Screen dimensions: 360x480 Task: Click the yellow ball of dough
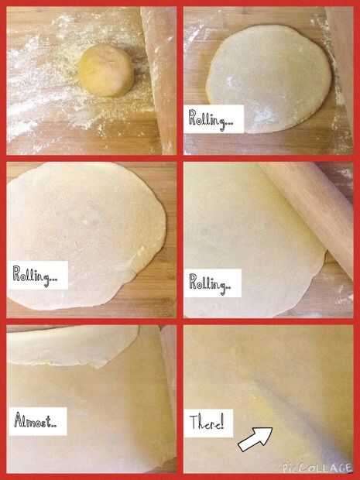click(106, 70)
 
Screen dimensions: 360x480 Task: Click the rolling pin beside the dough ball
click(159, 80)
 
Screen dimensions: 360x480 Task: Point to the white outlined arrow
click(255, 439)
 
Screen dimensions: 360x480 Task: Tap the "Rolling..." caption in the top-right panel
click(211, 119)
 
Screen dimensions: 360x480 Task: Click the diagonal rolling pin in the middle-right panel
click(309, 214)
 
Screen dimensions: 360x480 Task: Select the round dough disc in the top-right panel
click(269, 79)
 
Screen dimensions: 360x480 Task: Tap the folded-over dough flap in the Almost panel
click(73, 346)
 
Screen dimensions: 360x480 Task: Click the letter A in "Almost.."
click(19, 420)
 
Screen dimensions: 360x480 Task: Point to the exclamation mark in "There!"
click(222, 422)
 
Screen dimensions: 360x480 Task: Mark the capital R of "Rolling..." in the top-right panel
click(193, 118)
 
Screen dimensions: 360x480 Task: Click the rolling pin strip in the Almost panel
click(169, 395)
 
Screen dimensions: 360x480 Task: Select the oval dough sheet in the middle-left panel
click(86, 235)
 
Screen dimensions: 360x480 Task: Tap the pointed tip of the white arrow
click(272, 428)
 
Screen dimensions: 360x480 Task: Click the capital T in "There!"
click(194, 423)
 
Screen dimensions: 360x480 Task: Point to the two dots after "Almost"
click(54, 426)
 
